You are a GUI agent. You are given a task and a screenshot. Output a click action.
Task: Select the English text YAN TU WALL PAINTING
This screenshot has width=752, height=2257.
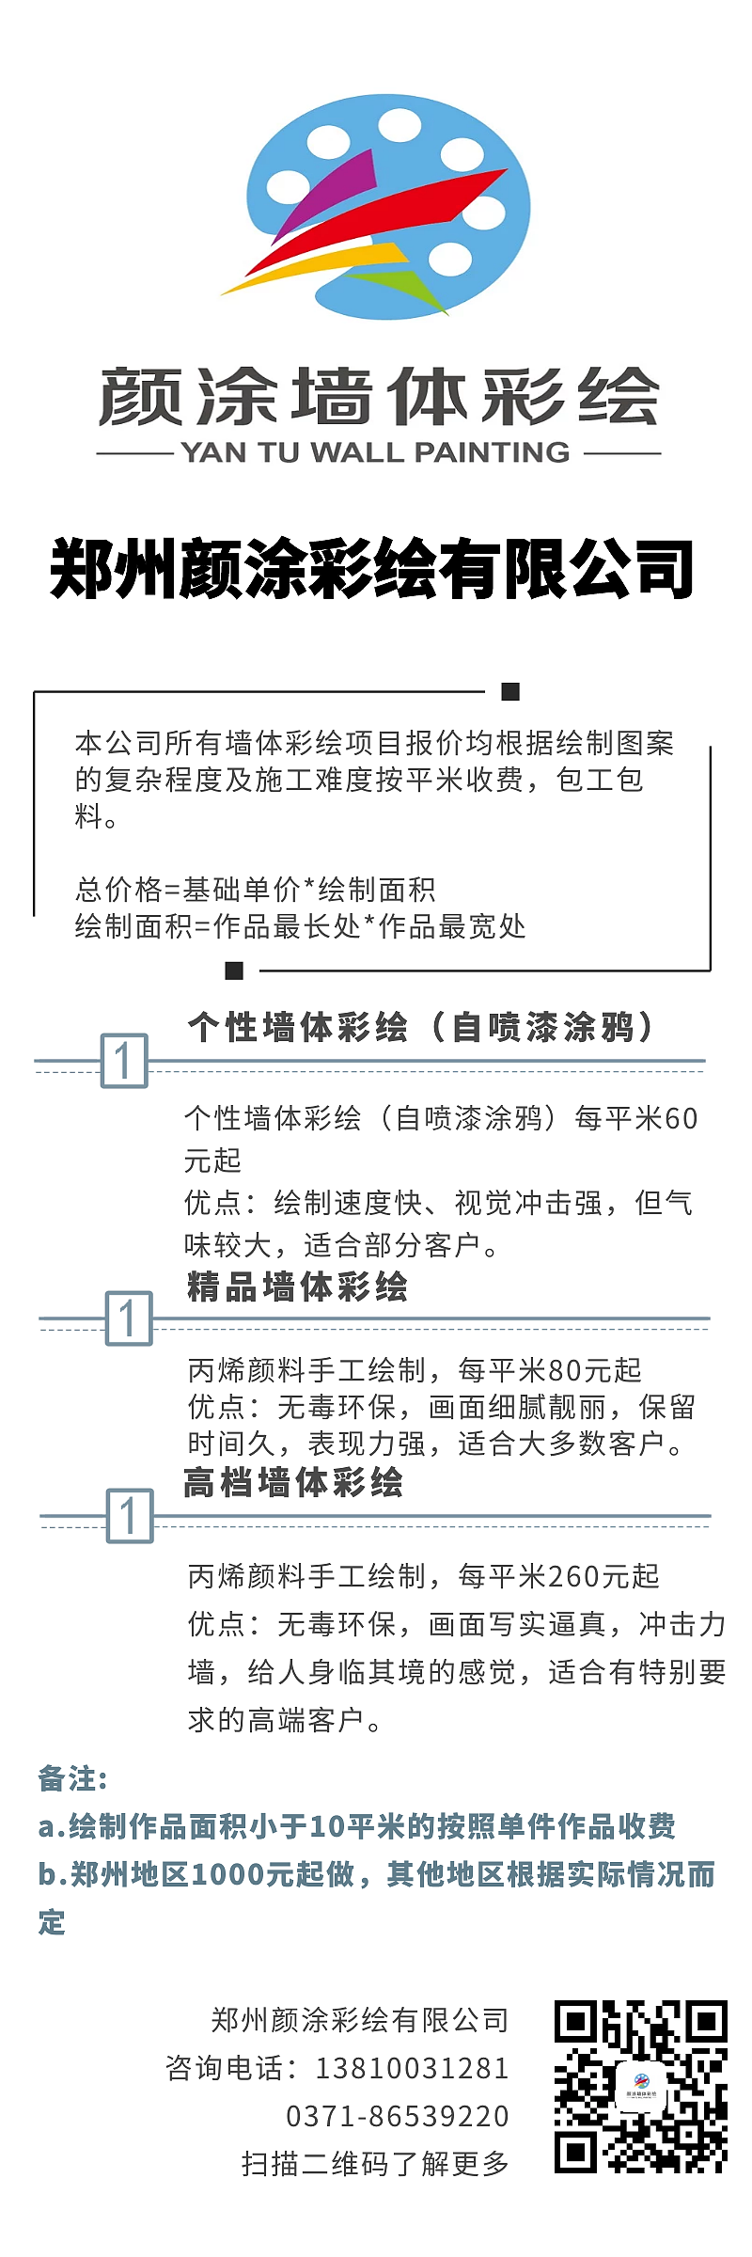pyautogui.click(x=376, y=452)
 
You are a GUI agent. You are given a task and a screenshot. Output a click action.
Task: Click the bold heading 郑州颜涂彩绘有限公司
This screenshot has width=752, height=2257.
pyautogui.click(x=372, y=570)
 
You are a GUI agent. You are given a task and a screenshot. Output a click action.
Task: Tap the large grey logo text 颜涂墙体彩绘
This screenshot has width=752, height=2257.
pyautogui.click(x=379, y=397)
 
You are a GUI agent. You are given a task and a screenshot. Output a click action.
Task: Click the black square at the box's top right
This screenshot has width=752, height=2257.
pyautogui.click(x=510, y=692)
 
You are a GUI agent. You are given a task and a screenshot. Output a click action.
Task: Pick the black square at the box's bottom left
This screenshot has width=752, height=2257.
pyautogui.click(x=235, y=970)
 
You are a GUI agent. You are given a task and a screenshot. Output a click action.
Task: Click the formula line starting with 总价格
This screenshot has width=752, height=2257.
pyautogui.click(x=255, y=889)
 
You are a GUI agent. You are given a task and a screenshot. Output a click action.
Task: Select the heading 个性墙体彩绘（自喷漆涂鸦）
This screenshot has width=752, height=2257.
pyautogui.click(x=420, y=1027)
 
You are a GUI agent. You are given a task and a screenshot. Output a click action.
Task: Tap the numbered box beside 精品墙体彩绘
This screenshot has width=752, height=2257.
pyautogui.click(x=129, y=1318)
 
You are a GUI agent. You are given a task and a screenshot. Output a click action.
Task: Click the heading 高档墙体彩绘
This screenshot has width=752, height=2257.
pyautogui.click(x=293, y=1483)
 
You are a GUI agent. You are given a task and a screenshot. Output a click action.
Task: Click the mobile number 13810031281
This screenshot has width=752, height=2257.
pyautogui.click(x=412, y=2068)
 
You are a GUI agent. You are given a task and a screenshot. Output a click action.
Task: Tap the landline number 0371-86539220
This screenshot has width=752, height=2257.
pyautogui.click(x=397, y=2116)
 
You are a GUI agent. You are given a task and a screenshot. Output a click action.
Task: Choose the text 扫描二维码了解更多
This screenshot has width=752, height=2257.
pyautogui.click(x=375, y=2164)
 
